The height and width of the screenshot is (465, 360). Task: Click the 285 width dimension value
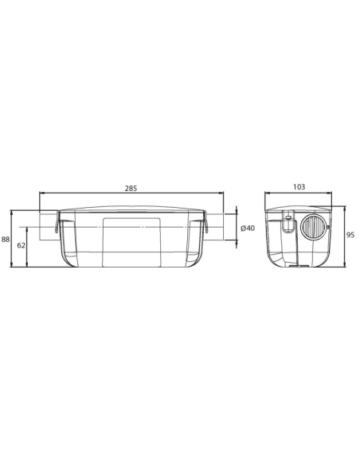131,189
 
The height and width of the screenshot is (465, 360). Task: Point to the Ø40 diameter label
247,229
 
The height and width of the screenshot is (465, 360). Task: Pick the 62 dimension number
22,246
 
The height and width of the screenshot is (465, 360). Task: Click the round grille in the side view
311,229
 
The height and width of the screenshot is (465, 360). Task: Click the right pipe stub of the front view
217,228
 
